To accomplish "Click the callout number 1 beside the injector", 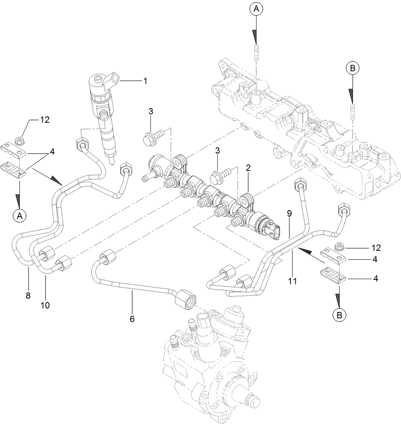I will pos(145,81).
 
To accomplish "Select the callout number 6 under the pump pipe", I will pos(132,318).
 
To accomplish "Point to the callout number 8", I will pos(28,295).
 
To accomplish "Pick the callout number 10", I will pos(45,305).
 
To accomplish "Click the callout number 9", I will pos(289,213).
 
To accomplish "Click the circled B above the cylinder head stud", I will pos(352,68).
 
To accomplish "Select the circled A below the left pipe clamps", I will pos(19,215).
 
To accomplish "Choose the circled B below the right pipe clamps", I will pos(338,315).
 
